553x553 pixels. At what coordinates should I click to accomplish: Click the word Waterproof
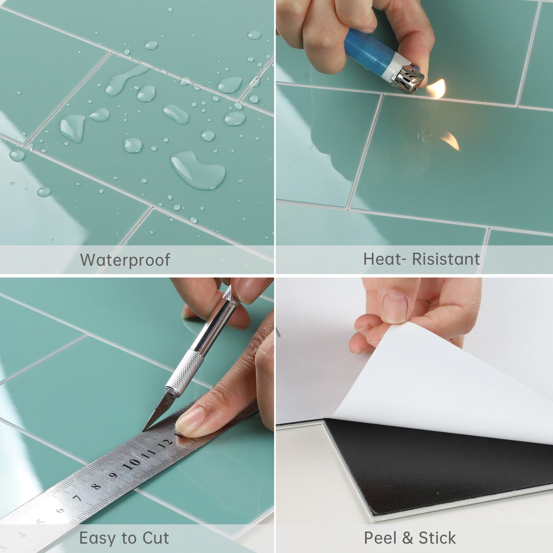tap(125, 260)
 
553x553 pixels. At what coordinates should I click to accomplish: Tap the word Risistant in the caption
tap(445, 259)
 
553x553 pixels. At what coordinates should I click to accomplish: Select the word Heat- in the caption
tap(385, 259)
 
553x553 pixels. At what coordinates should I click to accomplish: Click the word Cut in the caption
tap(156, 538)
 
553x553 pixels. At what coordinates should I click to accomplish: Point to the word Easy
tap(98, 538)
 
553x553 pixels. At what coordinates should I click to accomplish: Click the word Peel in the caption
tap(380, 538)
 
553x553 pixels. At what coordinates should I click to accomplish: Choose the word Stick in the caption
tap(437, 538)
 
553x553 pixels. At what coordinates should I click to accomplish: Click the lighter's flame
tap(437, 89)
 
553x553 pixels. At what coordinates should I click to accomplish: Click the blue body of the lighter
tap(367, 54)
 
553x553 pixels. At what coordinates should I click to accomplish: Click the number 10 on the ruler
tap(131, 464)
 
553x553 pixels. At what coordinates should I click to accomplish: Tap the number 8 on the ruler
tap(96, 486)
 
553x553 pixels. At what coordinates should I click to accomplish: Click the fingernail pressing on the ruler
tap(188, 420)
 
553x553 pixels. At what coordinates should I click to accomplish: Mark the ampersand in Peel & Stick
tap(408, 538)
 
